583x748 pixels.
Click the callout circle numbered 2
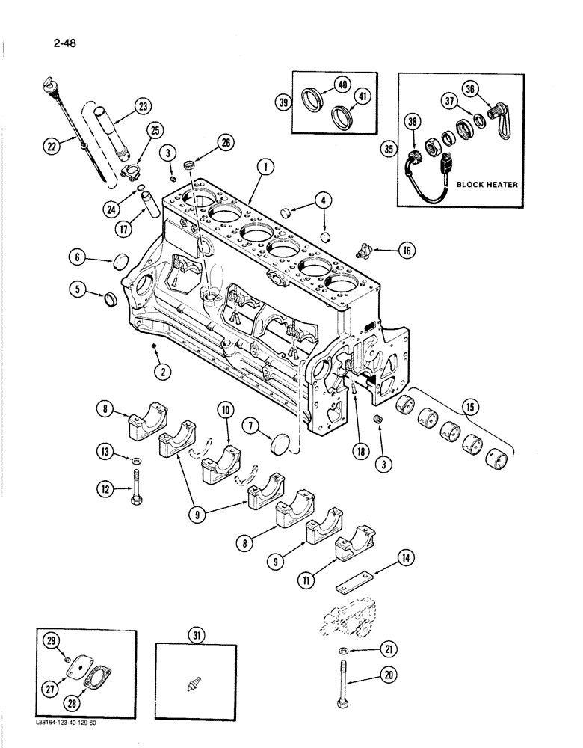[x=159, y=369]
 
